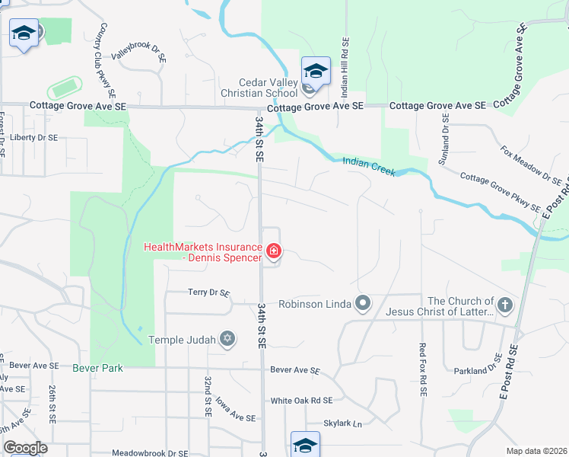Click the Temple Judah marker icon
point(227,339)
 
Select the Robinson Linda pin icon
point(364,304)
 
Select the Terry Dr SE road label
point(208,292)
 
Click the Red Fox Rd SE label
point(422,369)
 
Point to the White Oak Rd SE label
point(301,401)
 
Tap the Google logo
point(25,448)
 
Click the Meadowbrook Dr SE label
point(150,452)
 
